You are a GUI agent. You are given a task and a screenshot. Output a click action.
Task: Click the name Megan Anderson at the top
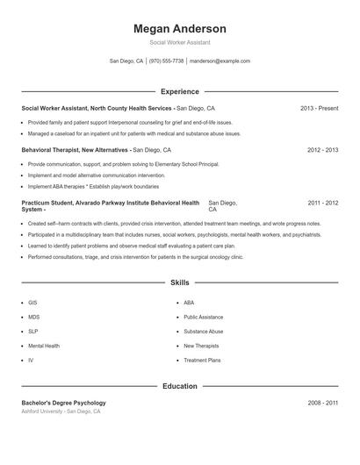179,29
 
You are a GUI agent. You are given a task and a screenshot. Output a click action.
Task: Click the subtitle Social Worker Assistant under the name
179,42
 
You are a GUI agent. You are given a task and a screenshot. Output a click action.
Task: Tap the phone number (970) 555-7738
167,61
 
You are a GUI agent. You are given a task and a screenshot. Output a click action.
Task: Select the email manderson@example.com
220,61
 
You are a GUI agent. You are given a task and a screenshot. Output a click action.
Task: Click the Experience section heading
179,91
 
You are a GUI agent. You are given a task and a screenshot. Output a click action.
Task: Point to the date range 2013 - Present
319,108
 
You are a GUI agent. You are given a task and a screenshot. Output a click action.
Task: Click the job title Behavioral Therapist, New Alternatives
76,150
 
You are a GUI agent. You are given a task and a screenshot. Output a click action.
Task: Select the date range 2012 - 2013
322,150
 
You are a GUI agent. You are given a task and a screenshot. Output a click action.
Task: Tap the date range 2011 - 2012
322,203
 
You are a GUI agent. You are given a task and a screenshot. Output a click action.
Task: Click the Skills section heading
179,283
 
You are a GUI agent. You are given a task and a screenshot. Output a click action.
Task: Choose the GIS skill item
32,302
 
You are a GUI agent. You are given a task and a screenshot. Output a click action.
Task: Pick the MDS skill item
33,317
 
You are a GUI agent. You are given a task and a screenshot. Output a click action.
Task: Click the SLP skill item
32,331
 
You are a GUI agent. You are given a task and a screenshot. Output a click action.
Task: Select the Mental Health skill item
44,346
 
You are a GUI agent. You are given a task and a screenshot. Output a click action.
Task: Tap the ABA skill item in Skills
189,302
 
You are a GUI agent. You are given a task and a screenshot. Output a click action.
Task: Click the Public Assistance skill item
203,317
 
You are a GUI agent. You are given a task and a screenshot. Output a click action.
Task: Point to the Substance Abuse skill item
203,331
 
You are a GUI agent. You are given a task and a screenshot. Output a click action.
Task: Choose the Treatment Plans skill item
202,360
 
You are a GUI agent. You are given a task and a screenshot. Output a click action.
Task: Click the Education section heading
179,386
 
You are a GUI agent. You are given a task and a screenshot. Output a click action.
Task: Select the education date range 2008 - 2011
322,402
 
